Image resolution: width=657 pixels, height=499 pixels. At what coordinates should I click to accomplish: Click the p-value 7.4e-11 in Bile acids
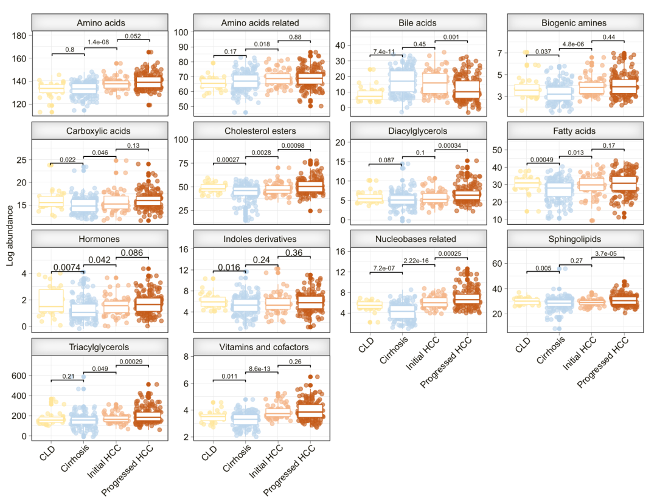[x=385, y=51]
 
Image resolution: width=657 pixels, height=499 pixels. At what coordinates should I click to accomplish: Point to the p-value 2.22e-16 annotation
[x=419, y=260]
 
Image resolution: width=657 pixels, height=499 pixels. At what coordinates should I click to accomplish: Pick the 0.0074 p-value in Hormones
[x=68, y=267]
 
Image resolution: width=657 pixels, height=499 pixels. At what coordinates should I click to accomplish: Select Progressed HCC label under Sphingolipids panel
[x=600, y=362]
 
